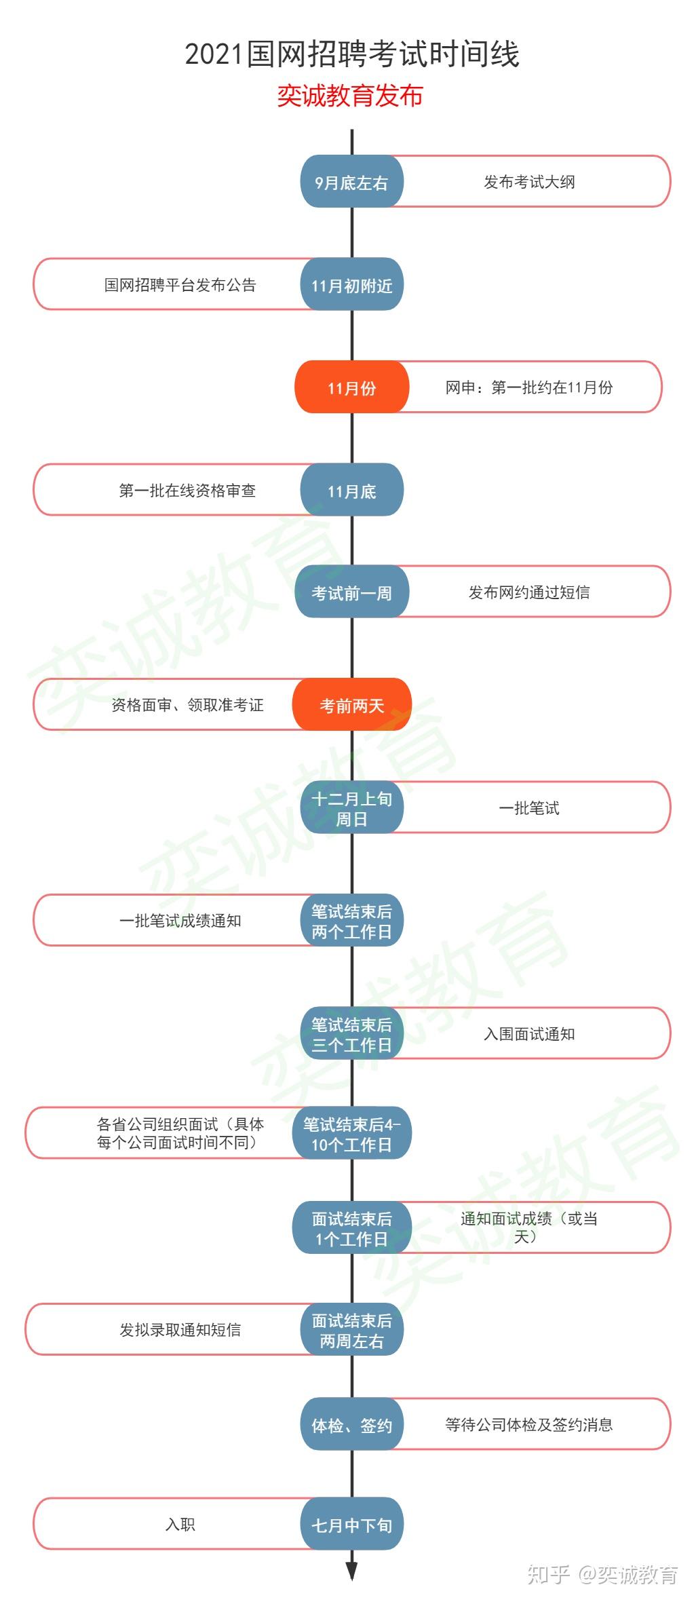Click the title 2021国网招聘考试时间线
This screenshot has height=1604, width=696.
(x=351, y=54)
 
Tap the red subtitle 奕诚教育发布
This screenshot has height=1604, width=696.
(x=350, y=96)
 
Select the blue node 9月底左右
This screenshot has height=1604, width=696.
(x=351, y=183)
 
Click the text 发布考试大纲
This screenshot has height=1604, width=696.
(x=529, y=182)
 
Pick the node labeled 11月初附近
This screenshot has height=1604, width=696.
(x=351, y=286)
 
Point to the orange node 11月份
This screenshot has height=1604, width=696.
(x=351, y=388)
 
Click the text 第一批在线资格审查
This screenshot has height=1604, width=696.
(x=187, y=491)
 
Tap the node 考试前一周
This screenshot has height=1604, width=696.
(x=351, y=593)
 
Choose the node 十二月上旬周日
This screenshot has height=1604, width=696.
(x=351, y=809)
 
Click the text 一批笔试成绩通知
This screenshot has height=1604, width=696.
(x=180, y=921)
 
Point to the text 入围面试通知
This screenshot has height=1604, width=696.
(x=529, y=1034)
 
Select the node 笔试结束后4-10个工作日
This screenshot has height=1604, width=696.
(x=351, y=1134)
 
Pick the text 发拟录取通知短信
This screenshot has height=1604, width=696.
(x=180, y=1330)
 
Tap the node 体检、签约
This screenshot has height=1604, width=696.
(x=351, y=1426)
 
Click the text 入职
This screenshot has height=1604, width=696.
(x=180, y=1525)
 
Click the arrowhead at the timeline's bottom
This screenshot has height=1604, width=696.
(x=351, y=1570)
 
